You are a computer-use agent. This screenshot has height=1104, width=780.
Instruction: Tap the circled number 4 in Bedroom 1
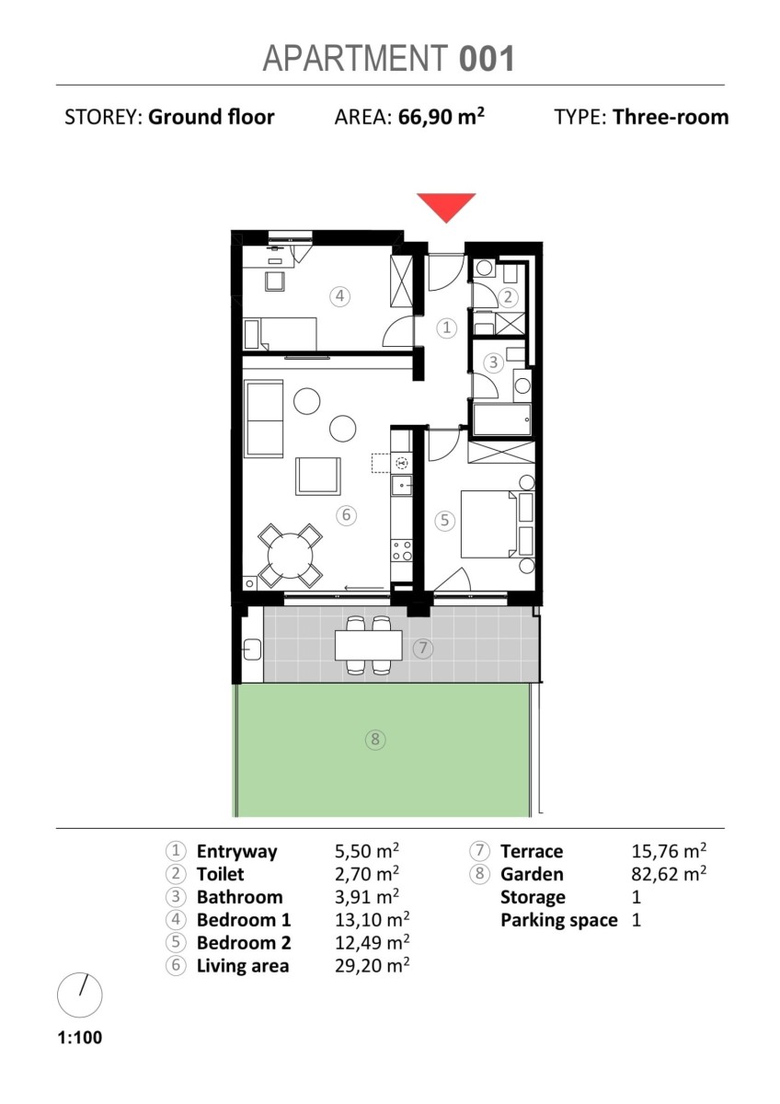[x=339, y=296]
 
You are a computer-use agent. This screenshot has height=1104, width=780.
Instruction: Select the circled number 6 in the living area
[x=346, y=515]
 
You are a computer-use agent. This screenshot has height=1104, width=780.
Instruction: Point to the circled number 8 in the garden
[x=375, y=740]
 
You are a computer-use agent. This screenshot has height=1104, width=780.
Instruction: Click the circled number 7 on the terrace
[x=423, y=648]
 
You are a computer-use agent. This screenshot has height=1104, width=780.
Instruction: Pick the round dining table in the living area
[x=291, y=556]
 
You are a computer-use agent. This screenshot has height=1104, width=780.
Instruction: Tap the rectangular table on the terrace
[x=369, y=646]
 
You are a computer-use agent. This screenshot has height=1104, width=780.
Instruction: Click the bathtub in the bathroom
[x=502, y=420]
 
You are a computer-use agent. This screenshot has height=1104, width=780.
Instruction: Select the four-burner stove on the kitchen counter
[x=402, y=551]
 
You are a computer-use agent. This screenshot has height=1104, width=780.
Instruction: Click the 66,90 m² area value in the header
[x=441, y=117]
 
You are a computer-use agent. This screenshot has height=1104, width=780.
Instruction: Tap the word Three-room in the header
[x=671, y=117]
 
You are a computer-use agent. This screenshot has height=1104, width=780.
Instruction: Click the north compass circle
[x=80, y=995]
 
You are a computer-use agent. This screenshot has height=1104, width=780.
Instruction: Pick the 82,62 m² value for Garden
[x=669, y=874]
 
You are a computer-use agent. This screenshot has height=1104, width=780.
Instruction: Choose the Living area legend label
[x=243, y=965]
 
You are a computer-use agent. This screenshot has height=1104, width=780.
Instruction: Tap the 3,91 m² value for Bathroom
[x=367, y=896]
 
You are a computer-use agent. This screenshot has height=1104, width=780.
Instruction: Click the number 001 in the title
[x=487, y=59]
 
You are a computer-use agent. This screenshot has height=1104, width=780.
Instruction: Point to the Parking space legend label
[x=558, y=920]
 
